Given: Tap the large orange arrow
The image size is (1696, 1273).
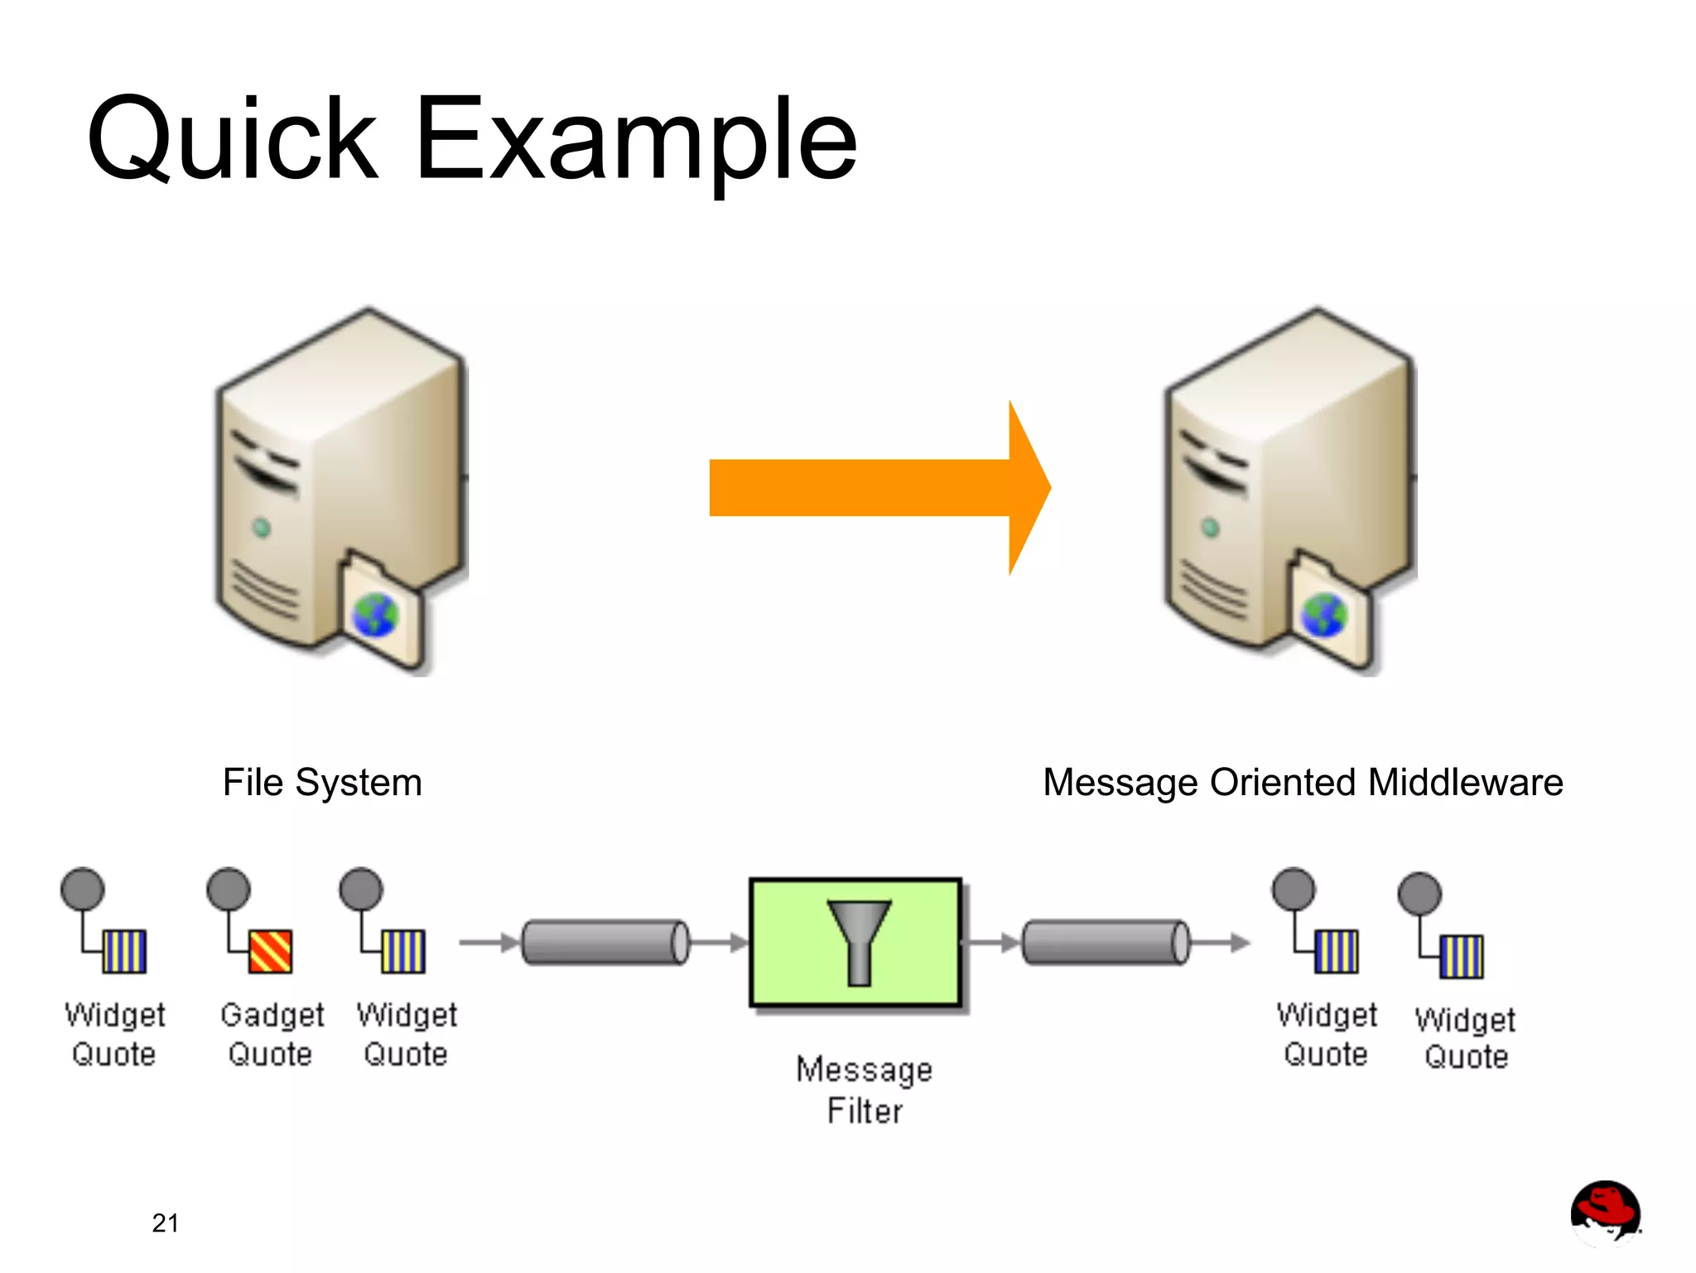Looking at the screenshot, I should (x=870, y=488).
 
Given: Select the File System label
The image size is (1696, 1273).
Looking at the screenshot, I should (x=322, y=783).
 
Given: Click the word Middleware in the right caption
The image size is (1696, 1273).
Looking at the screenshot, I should (x=1465, y=783).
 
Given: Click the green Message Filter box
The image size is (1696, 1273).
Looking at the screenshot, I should (x=855, y=943).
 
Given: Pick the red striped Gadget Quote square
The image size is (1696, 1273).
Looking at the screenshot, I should (x=271, y=952).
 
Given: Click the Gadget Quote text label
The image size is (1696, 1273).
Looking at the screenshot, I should (x=272, y=1034).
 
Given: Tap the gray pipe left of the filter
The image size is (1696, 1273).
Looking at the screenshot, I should (x=605, y=943).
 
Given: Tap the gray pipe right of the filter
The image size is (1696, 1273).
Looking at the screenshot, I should (x=1106, y=943).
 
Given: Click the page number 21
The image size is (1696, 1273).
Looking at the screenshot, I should (x=166, y=1222).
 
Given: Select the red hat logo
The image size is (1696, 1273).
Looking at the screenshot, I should (x=1605, y=1212).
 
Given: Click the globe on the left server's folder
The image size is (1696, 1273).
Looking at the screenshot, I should (x=376, y=616).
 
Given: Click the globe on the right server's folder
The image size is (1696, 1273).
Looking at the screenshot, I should (x=1324, y=616).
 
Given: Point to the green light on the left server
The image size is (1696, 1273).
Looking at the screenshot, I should (x=262, y=528).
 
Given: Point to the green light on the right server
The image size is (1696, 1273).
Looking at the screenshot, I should (x=1210, y=528).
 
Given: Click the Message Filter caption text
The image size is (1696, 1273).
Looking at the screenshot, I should (x=864, y=1089).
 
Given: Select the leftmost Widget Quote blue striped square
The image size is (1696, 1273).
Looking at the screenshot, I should (x=124, y=952).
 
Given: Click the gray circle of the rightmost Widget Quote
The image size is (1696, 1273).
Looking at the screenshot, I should (x=1419, y=894).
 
